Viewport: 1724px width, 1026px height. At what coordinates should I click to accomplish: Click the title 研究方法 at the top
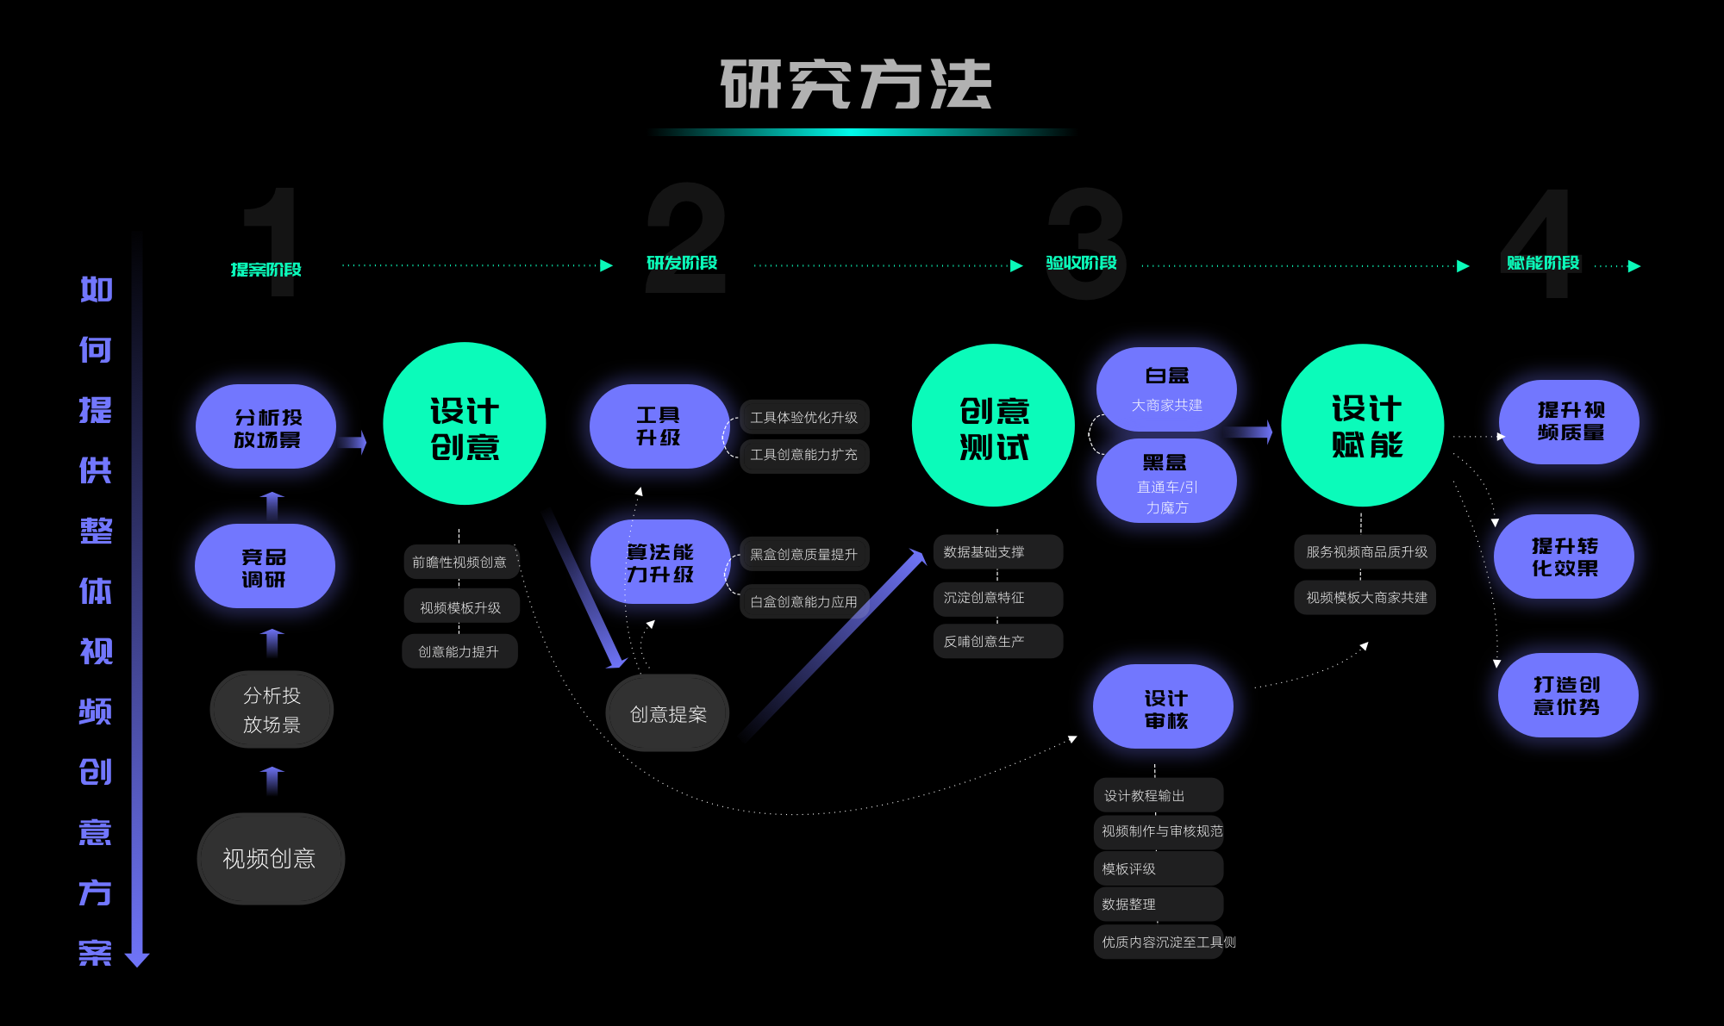[856, 84]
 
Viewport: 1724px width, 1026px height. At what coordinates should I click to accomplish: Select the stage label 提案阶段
[266, 270]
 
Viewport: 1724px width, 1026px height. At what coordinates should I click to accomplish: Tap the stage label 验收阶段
[1081, 263]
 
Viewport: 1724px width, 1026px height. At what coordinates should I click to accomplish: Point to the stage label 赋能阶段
[1543, 263]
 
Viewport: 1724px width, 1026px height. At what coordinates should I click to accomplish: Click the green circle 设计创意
[465, 424]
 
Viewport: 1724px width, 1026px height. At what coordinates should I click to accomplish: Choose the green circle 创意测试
[993, 426]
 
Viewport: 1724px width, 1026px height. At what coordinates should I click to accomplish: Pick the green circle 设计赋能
[1363, 426]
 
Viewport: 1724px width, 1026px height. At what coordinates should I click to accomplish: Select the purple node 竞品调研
[265, 567]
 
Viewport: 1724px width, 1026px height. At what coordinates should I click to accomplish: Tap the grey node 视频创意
[271, 859]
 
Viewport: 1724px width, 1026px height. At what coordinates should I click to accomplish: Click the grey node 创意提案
[668, 714]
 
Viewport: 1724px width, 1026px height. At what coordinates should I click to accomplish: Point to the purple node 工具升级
[659, 426]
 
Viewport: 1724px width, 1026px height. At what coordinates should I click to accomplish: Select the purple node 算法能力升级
[660, 563]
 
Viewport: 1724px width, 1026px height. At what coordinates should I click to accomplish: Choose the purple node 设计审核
[1164, 707]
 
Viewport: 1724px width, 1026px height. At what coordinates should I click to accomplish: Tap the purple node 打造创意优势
[1567, 695]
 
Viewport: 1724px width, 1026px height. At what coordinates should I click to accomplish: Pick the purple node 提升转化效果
[1565, 557]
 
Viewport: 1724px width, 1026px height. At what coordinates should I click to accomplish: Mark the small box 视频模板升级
[461, 607]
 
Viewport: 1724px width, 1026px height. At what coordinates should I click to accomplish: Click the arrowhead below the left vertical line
[137, 960]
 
